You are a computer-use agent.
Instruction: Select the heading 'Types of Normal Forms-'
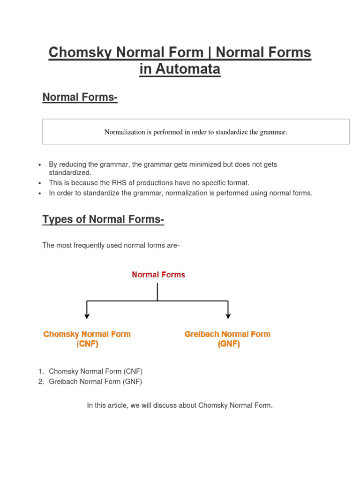coord(103,219)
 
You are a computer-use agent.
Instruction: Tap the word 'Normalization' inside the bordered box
coord(124,132)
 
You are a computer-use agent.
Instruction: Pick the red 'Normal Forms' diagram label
coord(158,275)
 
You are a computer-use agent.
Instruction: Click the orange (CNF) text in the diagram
coord(87,344)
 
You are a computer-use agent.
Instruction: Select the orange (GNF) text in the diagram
coord(228,344)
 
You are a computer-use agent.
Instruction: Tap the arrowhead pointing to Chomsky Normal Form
coord(87,316)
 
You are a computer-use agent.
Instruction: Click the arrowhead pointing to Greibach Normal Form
coord(228,316)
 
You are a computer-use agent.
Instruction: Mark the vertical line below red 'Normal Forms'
coord(157,291)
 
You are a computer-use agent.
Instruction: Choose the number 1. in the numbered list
coord(41,371)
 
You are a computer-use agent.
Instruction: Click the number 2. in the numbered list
coord(41,382)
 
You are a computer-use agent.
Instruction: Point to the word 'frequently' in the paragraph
coord(90,245)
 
